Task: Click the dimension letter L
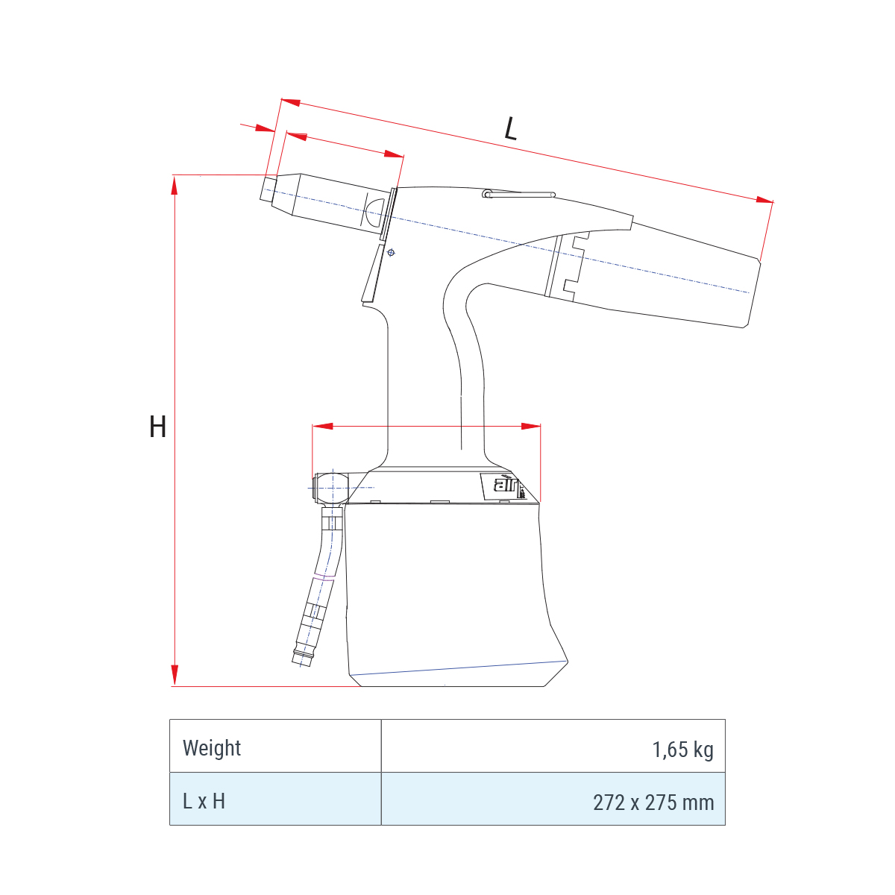pyautogui.click(x=510, y=128)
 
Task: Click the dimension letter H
pyautogui.click(x=157, y=427)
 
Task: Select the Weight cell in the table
pyautogui.click(x=212, y=748)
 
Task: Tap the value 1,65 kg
pyautogui.click(x=682, y=749)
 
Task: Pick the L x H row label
pyautogui.click(x=204, y=801)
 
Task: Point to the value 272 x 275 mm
pyautogui.click(x=653, y=803)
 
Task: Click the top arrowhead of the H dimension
pyautogui.click(x=175, y=185)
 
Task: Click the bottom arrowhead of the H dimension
pyautogui.click(x=175, y=676)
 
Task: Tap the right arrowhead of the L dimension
pyautogui.click(x=764, y=200)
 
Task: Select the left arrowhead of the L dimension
pyautogui.click(x=291, y=101)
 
